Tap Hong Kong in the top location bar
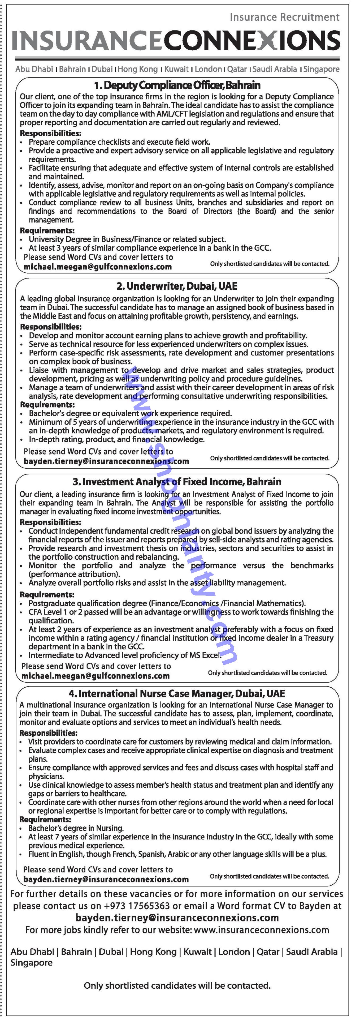137,69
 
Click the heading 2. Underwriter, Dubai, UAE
177,286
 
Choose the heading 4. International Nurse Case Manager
177,693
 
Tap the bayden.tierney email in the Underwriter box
106,461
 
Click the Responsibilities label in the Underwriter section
50,327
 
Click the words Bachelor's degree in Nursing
76,828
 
